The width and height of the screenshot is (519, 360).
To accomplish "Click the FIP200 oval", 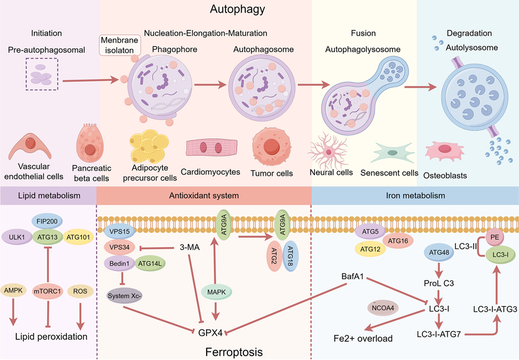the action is point(47,222).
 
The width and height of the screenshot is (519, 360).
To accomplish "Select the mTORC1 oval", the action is point(48,291).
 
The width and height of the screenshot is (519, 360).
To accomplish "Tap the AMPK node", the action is point(13,291).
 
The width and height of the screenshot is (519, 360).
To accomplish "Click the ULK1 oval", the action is point(16,237).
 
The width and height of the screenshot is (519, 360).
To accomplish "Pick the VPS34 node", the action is point(120,247).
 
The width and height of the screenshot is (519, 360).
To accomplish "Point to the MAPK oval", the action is point(217,292).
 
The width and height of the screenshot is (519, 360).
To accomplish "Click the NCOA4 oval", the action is point(383,308).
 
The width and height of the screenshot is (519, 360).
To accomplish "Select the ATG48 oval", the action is point(439,252).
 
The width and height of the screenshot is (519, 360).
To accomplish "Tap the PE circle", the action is point(495,237).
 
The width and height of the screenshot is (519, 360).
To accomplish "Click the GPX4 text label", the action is point(210,332).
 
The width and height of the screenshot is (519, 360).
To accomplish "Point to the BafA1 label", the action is point(352,276).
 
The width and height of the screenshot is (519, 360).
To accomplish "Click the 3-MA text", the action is point(190,247).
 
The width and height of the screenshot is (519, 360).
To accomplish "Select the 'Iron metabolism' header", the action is point(416,195).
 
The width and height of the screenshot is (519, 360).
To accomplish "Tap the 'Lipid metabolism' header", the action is point(49,195).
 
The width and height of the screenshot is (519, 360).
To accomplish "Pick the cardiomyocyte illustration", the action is point(212,147).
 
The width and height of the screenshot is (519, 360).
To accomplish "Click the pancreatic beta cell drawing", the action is point(90,143).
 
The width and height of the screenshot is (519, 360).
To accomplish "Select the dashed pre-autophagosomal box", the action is point(42,74).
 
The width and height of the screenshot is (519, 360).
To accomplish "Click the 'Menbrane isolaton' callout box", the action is point(120,45).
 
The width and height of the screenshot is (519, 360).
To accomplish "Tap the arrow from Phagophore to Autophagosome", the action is point(210,85).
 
